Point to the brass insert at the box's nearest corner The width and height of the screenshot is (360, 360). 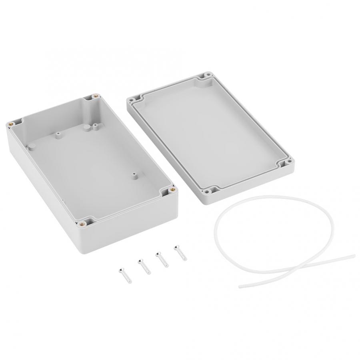(x=82, y=224)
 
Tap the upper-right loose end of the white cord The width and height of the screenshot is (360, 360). (x=353, y=254)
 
